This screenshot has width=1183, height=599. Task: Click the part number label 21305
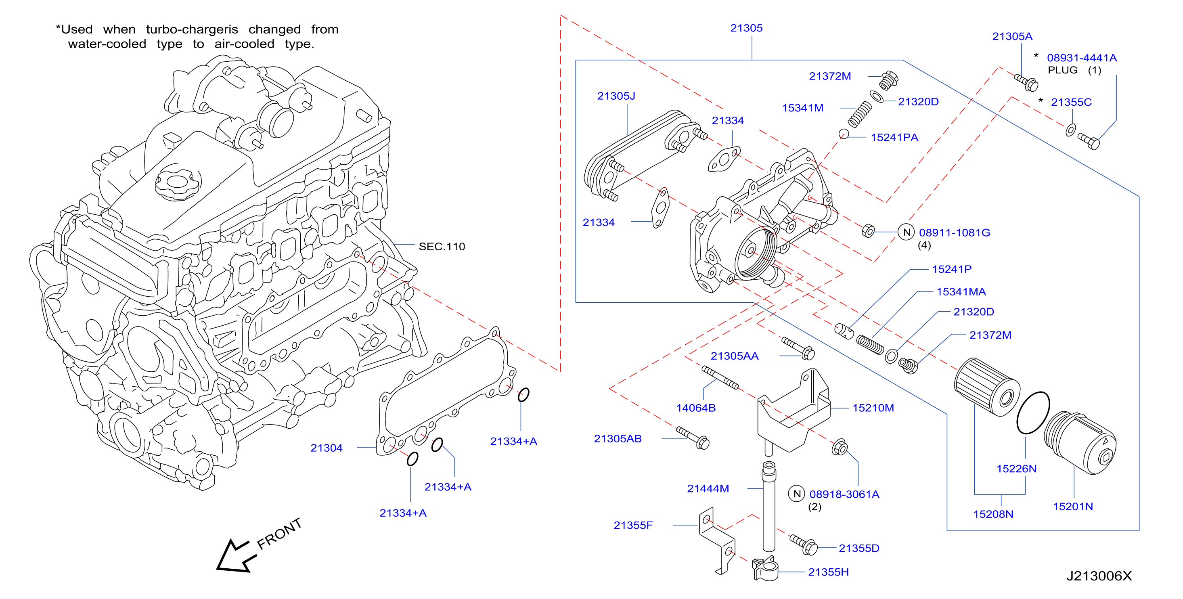[746, 28]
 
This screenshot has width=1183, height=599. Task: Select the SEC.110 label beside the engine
[442, 247]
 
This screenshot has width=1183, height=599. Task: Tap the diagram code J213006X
[1099, 576]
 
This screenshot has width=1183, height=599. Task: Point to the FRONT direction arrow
[237, 556]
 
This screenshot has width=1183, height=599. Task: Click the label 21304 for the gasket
[327, 448]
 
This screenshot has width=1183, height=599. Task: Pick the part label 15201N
[1073, 507]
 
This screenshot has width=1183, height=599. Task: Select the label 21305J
[616, 96]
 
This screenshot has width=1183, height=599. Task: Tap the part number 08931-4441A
[1082, 58]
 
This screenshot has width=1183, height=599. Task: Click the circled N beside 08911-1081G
[907, 232]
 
